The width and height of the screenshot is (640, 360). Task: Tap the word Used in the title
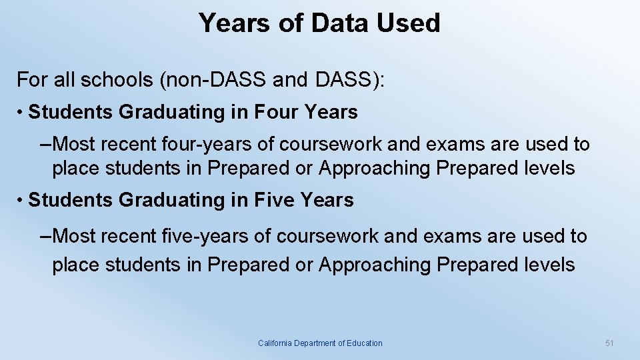(408, 23)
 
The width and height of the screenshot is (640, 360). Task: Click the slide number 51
(609, 343)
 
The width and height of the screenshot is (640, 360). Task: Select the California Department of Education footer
(320, 343)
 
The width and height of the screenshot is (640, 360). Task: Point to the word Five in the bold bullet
(274, 200)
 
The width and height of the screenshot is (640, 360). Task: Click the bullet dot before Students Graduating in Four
(21, 113)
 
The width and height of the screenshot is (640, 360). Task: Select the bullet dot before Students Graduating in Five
(21, 201)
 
